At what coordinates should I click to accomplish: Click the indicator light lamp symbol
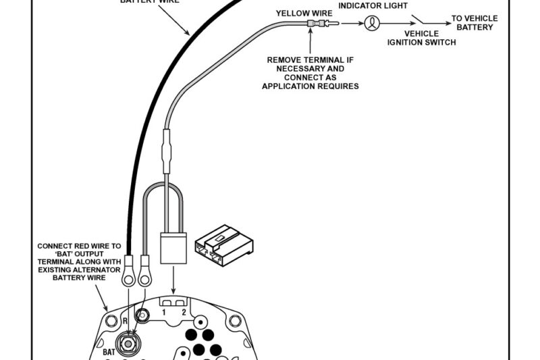click(371, 24)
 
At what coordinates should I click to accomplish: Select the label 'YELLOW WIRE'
click(304, 13)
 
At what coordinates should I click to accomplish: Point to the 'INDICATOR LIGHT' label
click(373, 5)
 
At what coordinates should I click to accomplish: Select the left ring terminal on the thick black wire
click(126, 276)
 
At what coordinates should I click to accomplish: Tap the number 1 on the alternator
click(163, 312)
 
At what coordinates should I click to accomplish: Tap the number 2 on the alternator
click(183, 312)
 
